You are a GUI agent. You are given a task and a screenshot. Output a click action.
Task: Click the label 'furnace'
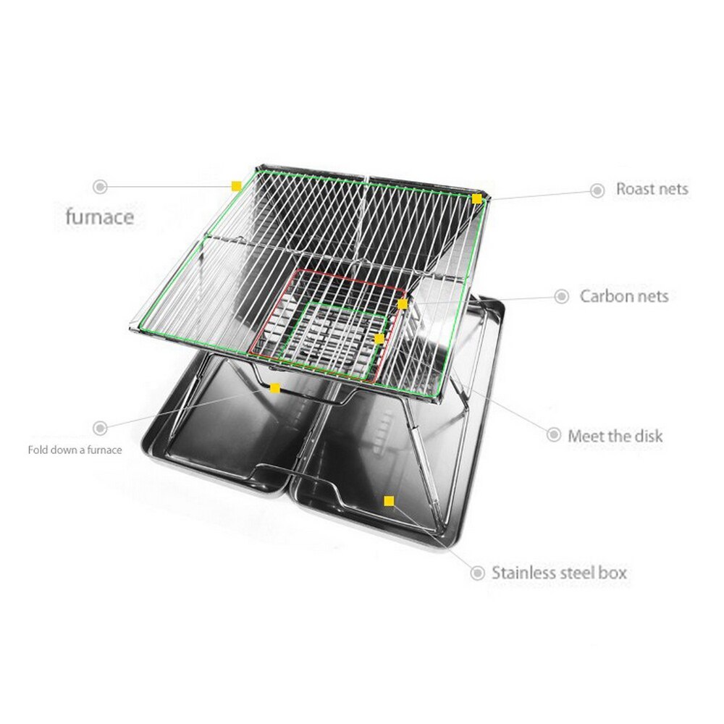[x=100, y=217]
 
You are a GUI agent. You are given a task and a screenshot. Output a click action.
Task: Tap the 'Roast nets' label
[x=652, y=189]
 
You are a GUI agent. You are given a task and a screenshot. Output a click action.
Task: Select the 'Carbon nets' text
[x=624, y=296]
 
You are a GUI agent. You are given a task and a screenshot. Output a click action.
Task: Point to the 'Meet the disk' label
[x=615, y=436]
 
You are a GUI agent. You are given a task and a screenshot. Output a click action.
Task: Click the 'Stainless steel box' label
[x=559, y=573]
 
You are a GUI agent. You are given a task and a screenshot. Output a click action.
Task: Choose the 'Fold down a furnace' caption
[x=75, y=450]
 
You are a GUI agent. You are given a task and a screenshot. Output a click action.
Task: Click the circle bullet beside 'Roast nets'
[x=597, y=190]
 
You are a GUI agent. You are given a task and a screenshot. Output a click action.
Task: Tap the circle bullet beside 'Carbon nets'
[x=562, y=296]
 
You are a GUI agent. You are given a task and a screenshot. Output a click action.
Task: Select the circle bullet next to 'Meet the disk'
[x=554, y=434]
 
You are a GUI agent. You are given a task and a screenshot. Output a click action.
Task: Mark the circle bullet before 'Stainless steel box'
[x=477, y=573]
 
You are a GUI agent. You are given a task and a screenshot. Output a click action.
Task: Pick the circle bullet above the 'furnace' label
[x=100, y=187]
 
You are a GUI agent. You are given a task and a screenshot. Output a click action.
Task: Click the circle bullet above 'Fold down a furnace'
[x=100, y=428]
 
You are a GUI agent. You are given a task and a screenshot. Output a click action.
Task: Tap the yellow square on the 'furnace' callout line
[x=237, y=186]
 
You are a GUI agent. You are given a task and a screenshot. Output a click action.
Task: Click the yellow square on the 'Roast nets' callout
[x=477, y=199]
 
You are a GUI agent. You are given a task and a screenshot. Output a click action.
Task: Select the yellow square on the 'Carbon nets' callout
[x=403, y=304]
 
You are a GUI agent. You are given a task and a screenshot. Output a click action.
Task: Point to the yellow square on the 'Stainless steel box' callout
[x=389, y=501]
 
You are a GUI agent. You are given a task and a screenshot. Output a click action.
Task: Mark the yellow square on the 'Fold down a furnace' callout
[x=274, y=388]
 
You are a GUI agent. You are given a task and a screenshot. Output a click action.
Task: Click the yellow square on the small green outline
[x=379, y=339]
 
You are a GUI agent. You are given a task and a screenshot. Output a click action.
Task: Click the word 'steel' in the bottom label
[x=576, y=573]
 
